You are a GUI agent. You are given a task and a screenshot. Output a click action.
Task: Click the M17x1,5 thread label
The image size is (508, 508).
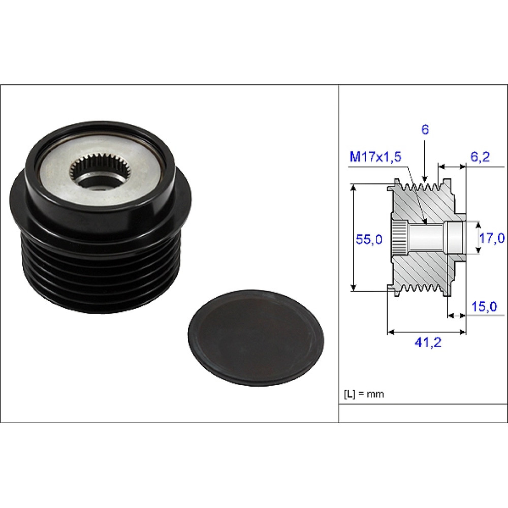[x=375, y=157]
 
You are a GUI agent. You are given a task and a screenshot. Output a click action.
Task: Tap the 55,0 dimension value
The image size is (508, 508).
[x=369, y=239]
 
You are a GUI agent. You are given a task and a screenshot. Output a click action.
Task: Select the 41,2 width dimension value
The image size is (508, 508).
[x=428, y=342]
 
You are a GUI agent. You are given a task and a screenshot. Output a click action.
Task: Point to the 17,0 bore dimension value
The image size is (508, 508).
[x=492, y=238]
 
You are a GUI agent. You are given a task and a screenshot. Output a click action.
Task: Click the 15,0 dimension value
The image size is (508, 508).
[x=484, y=306]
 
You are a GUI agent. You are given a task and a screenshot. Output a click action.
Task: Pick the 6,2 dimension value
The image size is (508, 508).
[x=480, y=157]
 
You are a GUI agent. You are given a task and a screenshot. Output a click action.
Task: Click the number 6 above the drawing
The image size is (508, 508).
[x=425, y=130]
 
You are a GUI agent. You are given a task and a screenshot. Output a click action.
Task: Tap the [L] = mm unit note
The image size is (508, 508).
[x=364, y=394]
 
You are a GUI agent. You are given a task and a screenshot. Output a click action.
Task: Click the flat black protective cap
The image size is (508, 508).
[x=256, y=338]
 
